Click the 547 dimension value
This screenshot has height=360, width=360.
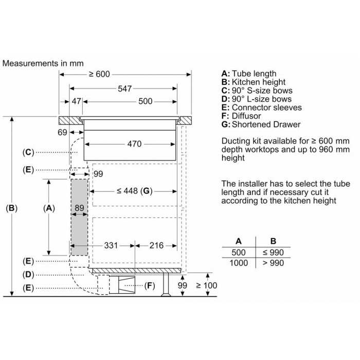coord(124,88)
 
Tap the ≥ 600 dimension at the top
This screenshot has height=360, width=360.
coord(99,74)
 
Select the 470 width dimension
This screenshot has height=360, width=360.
coord(134,144)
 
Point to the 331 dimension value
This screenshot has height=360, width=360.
coord(111,245)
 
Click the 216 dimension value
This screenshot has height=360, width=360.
coord(156,245)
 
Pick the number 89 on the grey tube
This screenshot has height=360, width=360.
coord(79,208)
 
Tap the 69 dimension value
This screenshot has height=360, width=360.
coord(62,132)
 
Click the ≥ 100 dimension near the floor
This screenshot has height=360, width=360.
coord(207,285)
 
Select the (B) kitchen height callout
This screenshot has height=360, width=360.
coord(11,208)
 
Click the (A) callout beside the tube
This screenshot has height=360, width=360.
coord(49,208)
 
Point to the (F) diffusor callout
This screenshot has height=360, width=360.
coord(150,285)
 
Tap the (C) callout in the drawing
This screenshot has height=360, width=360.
coord(28,152)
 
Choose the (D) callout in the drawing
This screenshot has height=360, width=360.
coord(28,274)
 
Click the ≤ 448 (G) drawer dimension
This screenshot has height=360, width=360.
coord(134,191)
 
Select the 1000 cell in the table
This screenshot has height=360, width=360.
coord(239,263)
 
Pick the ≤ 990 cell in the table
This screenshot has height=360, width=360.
coord(273,253)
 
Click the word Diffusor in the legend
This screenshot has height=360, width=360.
coord(246,116)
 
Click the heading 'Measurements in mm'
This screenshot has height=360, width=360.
coord(43,63)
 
